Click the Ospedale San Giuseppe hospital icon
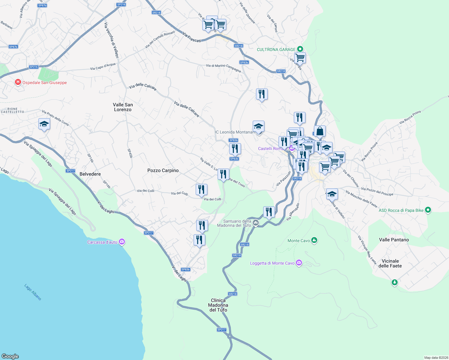(x=18, y=82)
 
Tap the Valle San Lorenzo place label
(x=123, y=107)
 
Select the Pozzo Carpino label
(x=163, y=170)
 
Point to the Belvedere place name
(x=90, y=174)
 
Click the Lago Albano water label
(x=33, y=292)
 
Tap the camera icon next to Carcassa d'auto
(x=122, y=242)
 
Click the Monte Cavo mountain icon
(x=314, y=240)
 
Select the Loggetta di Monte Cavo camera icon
(x=299, y=263)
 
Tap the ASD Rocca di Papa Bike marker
(x=428, y=210)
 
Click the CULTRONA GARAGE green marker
(x=300, y=49)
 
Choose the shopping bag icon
(x=320, y=131)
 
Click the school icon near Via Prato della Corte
(x=44, y=124)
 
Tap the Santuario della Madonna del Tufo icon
(x=256, y=223)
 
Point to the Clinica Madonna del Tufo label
(x=218, y=305)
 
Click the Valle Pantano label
(x=394, y=240)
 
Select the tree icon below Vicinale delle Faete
(x=394, y=282)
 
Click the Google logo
(x=10, y=356)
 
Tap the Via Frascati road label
(x=191, y=38)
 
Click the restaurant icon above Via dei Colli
(x=201, y=189)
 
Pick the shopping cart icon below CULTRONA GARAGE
(x=300, y=57)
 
